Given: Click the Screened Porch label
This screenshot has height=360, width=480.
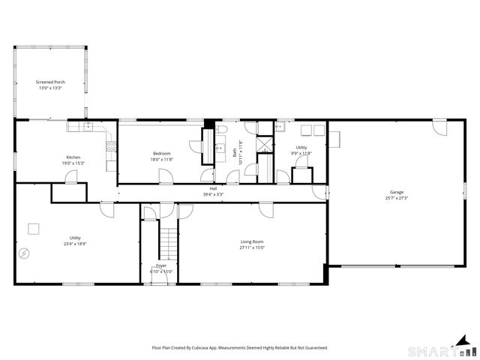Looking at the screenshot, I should coord(49,82).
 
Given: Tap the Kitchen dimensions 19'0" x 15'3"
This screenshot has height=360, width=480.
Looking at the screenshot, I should coord(73,163).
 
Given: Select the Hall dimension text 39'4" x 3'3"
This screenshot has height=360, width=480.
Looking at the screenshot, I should coord(213,194).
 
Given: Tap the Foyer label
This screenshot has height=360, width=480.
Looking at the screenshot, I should coord(160,265).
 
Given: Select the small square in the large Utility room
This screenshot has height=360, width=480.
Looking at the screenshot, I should coord(34,228).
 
